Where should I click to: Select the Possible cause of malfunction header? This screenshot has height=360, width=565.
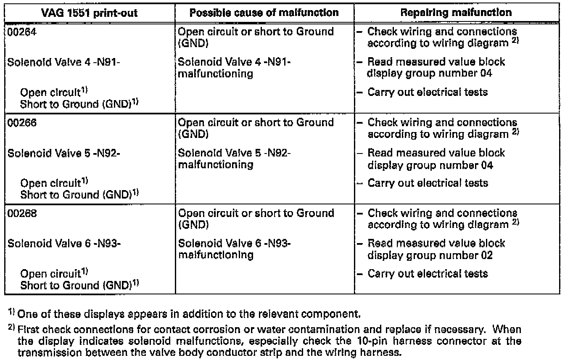tap(264, 12)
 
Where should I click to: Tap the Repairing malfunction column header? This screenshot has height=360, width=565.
tap(457, 12)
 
